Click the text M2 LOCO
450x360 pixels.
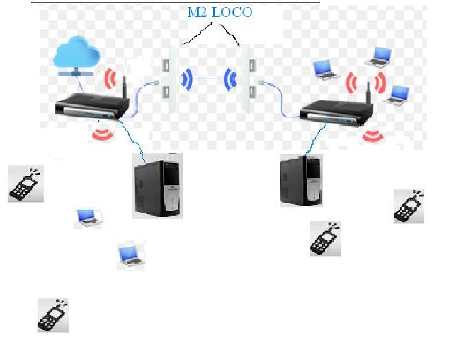(x=219, y=13)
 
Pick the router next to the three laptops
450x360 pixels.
(x=337, y=112)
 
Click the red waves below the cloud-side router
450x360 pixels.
(x=102, y=132)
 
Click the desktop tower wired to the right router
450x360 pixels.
(x=300, y=180)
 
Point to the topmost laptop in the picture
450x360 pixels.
(x=379, y=55)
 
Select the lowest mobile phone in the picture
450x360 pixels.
(x=53, y=316)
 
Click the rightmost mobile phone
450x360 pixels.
(x=409, y=206)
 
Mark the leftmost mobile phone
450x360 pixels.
(x=25, y=184)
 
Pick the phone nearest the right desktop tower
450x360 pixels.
(x=326, y=239)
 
